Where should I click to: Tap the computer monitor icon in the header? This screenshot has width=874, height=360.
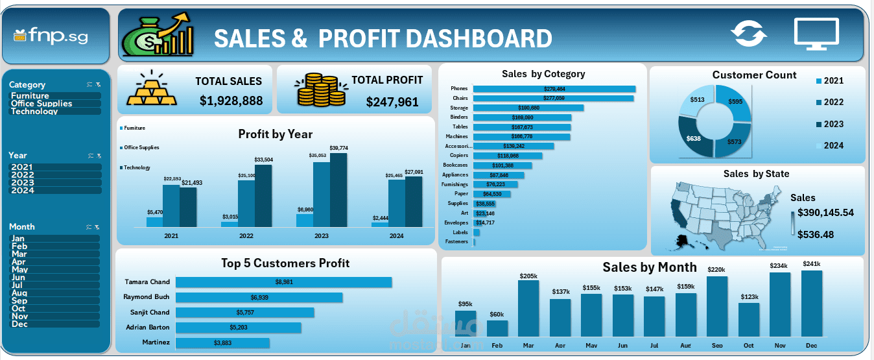pyautogui.click(x=816, y=34)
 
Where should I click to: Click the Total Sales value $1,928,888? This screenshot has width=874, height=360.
pyautogui.click(x=231, y=101)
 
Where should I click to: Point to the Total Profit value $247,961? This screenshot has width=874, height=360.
pyautogui.click(x=392, y=102)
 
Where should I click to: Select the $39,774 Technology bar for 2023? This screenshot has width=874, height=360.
pyautogui.click(x=338, y=190)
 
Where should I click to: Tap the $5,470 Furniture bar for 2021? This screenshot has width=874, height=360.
pyautogui.click(x=154, y=222)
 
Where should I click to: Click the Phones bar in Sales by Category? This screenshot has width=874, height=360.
pyautogui.click(x=554, y=89)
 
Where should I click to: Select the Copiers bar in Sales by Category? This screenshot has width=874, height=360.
pyautogui.click(x=507, y=156)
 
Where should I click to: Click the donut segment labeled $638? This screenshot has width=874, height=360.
pyautogui.click(x=695, y=138)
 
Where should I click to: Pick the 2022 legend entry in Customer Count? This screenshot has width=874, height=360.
pyautogui.click(x=829, y=102)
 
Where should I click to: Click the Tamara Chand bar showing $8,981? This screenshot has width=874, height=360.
pyautogui.click(x=283, y=282)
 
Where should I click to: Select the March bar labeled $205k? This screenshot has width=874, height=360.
pyautogui.click(x=528, y=308)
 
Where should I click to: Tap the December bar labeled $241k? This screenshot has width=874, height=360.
pyautogui.click(x=811, y=303)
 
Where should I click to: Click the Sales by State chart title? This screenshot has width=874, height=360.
pyautogui.click(x=756, y=174)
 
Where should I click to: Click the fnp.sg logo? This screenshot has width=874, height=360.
pyautogui.click(x=51, y=36)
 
